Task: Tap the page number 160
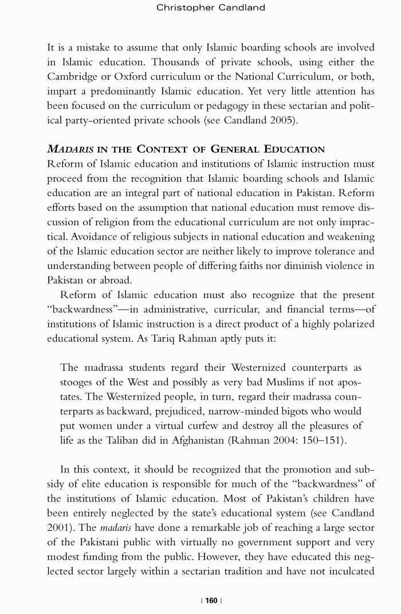point(211,600)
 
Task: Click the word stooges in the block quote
point(80,382)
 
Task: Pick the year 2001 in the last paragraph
point(59,527)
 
